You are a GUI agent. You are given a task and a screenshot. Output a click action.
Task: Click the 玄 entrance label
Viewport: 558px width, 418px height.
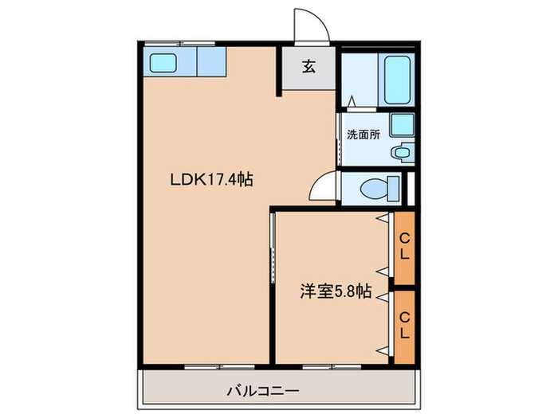[308, 67]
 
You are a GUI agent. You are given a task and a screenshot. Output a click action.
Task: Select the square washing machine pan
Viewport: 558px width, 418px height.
[403, 125]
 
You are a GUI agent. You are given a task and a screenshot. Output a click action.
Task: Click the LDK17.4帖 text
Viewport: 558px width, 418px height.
[211, 181]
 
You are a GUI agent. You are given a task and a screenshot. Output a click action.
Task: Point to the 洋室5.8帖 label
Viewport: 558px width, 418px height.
[336, 291]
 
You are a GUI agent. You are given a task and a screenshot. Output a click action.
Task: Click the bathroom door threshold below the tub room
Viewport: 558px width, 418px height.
[352, 105]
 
